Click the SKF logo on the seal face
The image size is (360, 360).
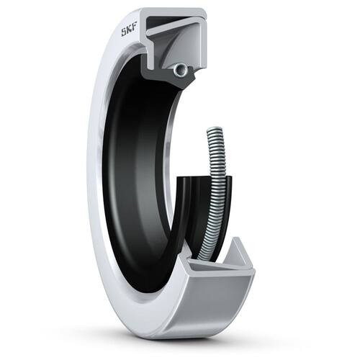(x=129, y=31)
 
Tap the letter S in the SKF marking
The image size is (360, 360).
(x=124, y=32)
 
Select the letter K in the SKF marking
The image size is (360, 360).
(x=130, y=31)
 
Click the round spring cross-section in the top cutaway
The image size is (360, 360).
(x=181, y=70)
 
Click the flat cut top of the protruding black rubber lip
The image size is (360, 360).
(x=204, y=178)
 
